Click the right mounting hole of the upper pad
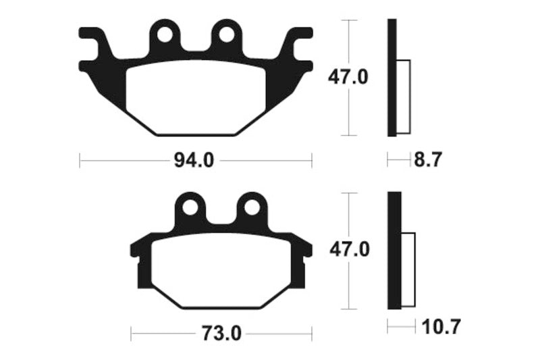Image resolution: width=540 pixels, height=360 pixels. coord(225,33)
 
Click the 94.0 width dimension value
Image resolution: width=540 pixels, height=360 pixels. coord(195,160)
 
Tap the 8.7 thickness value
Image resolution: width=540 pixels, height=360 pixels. coord(428,160)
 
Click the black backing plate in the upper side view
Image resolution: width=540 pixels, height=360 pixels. coord(391,78)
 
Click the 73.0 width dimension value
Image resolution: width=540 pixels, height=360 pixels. coord(221,333)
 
